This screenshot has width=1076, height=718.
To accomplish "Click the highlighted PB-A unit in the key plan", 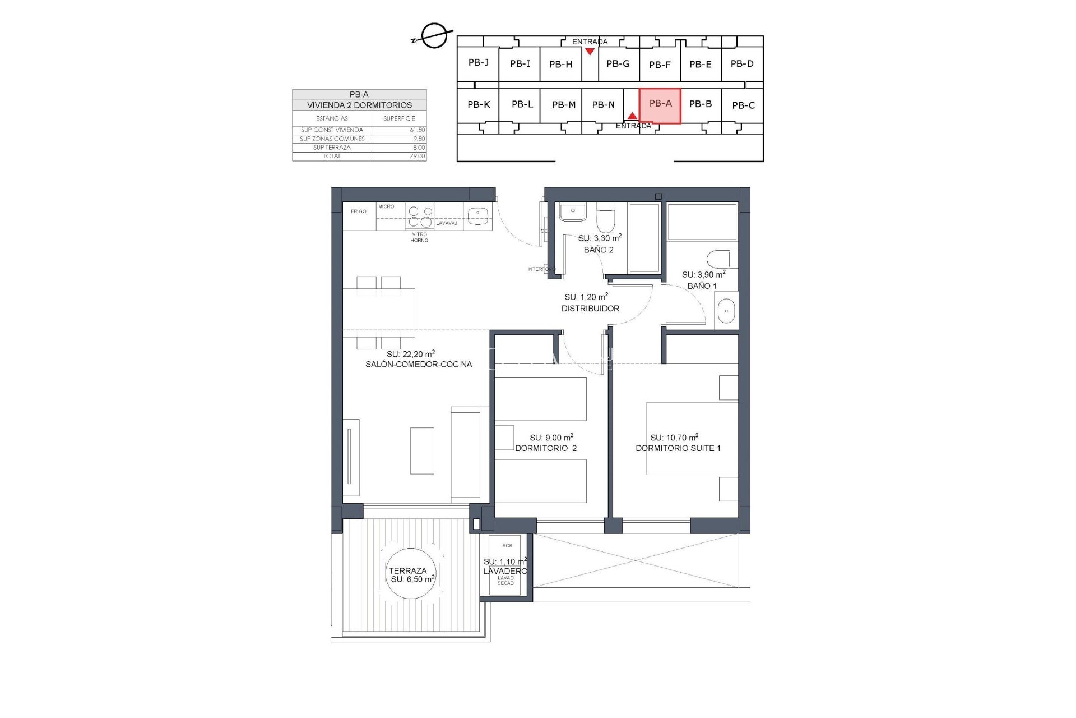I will click(x=660, y=105).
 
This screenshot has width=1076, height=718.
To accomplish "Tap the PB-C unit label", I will click(x=743, y=105).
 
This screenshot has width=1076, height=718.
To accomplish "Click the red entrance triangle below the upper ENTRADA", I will click(x=590, y=52).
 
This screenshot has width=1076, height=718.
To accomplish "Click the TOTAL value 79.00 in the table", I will click(x=417, y=156).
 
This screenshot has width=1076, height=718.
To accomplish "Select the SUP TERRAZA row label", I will click(x=332, y=148).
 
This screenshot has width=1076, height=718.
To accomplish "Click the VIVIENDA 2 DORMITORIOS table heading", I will click(x=359, y=105).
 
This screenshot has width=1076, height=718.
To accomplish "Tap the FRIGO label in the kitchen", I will click(x=359, y=211).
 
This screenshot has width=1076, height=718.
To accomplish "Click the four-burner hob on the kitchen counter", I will click(x=420, y=217).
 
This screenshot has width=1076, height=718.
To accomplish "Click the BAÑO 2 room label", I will click(x=599, y=250).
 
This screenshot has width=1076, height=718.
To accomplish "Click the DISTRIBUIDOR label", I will click(x=590, y=309).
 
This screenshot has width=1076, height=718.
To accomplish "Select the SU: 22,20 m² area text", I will click(x=410, y=354).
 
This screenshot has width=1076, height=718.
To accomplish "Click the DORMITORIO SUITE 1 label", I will click(x=678, y=448).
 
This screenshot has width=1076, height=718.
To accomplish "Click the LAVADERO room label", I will click(x=505, y=571).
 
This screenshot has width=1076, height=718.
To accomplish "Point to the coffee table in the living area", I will click(x=422, y=450).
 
